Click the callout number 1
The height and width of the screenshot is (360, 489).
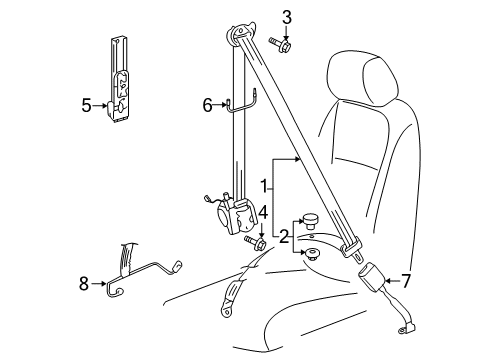264,186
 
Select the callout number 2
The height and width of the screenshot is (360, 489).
284,236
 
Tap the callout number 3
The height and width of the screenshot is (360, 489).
287,17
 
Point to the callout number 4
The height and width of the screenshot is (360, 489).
263,212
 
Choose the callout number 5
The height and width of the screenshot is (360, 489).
86,105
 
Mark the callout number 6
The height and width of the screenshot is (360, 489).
207,105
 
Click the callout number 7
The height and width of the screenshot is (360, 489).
405,281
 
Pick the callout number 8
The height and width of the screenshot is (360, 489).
84,284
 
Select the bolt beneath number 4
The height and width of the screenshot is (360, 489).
255,242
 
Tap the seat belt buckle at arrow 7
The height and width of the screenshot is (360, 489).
372,275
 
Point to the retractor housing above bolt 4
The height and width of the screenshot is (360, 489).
237,215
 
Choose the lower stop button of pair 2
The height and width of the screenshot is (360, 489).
311,254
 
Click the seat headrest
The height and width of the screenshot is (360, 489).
362,79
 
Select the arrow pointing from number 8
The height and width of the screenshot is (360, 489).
98,284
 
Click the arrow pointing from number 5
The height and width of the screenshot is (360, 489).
100,105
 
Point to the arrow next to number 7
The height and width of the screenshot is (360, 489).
392,281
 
